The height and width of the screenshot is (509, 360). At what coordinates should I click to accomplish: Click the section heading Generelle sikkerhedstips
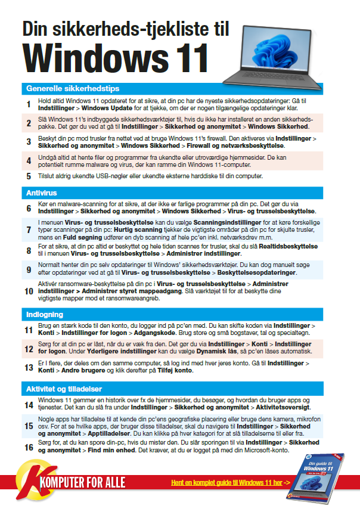(x=69, y=88)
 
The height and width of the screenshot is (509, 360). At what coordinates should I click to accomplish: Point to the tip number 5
(x=28, y=176)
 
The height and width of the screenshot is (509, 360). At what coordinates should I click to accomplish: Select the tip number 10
(x=29, y=291)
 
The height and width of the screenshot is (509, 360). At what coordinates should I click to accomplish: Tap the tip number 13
(x=29, y=367)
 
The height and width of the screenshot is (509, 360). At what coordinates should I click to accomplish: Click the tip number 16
(x=29, y=447)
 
